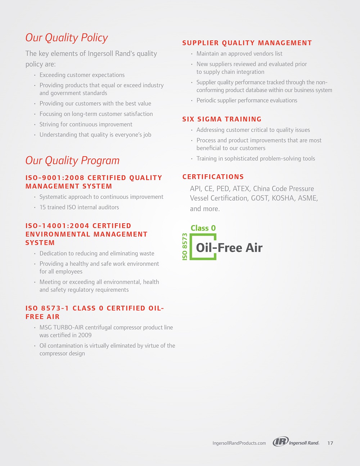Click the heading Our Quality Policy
coord(67,38)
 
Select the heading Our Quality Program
coord(72,161)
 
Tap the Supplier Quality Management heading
coord(247,43)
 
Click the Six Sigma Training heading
coord(222,119)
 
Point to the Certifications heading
coord(213,177)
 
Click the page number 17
coord(330,443)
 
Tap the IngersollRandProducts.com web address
coord(239,443)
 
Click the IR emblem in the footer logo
coord(280,442)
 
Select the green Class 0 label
coord(203,228)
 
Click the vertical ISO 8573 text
coord(185,247)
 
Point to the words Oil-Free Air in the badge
coord(229,248)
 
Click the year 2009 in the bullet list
coord(85,335)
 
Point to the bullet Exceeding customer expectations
coord(82,75)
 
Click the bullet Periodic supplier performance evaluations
coord(247,100)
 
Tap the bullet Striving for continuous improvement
coord(86,124)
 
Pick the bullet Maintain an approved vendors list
coord(239,54)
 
